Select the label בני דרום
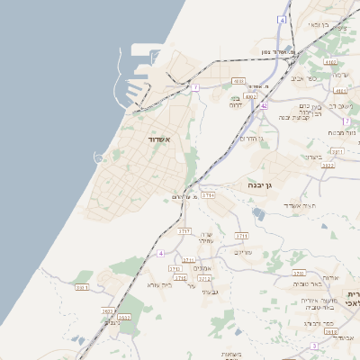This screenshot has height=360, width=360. point(237,102)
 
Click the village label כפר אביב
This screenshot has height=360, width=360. point(303,78)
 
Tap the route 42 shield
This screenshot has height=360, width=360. point(264,105)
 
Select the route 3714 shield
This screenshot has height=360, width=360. point(208,194)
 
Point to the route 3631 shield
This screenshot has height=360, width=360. point(82,287)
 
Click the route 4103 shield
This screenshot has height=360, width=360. point(330,62)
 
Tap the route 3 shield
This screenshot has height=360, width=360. point(314,346)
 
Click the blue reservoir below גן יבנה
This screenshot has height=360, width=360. point(259,213)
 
